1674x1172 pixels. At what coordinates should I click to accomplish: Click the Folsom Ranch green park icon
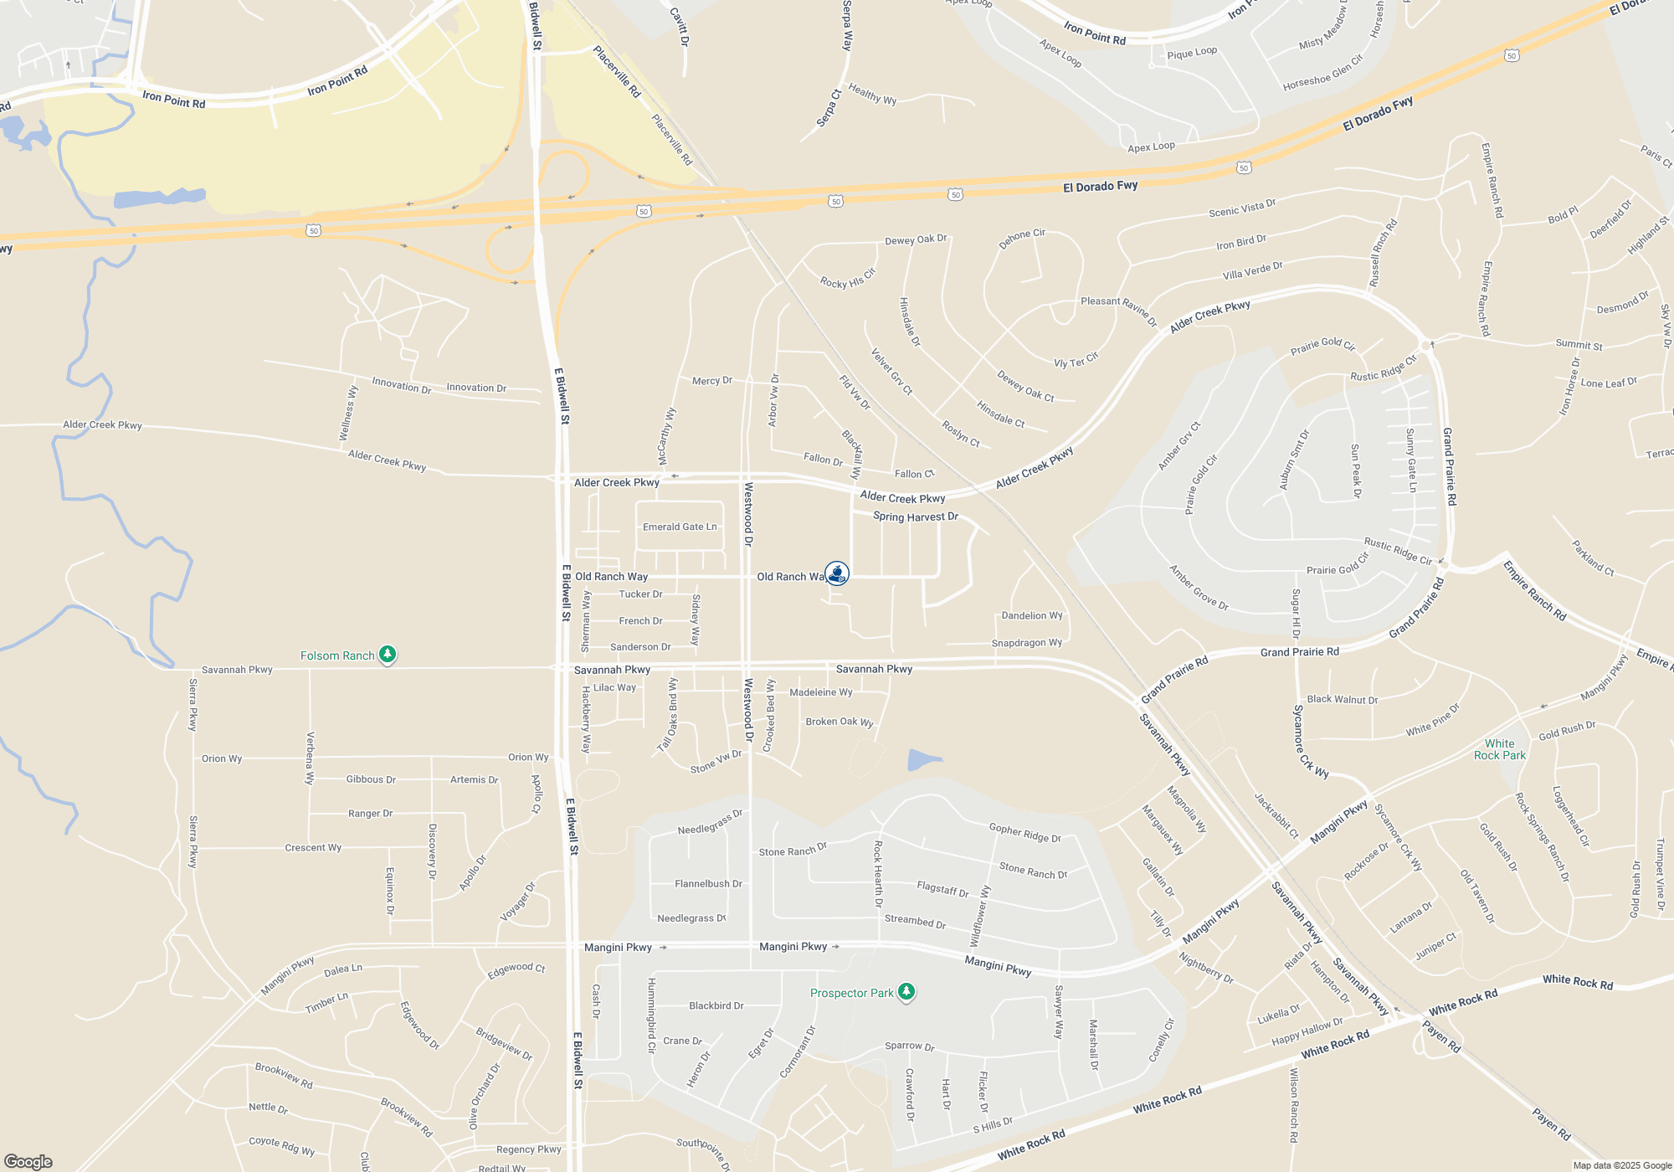387,654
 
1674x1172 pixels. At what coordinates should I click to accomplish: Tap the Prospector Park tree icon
906,992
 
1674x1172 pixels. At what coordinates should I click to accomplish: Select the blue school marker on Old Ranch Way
837,573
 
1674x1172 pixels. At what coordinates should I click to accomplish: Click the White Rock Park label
1499,749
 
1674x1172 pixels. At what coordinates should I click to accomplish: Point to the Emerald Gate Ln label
680,527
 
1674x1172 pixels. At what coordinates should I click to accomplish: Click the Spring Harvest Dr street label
915,517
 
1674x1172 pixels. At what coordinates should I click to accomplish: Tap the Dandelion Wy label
1032,615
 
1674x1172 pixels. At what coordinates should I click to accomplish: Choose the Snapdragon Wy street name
1026,643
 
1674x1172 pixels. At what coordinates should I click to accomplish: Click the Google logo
28,1161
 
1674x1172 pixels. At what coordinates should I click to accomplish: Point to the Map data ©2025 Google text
1621,1165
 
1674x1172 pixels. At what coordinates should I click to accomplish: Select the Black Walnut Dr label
1342,699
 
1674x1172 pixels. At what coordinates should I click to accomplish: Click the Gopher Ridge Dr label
1024,832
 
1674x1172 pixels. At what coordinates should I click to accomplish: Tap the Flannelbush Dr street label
708,883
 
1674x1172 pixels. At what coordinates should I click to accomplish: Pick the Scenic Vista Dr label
1242,208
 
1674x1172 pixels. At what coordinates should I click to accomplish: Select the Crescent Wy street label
313,847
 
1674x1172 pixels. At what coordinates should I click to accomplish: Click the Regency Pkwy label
528,1149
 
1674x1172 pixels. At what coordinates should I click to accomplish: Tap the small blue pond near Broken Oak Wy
924,760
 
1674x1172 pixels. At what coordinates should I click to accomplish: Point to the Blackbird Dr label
716,1005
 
